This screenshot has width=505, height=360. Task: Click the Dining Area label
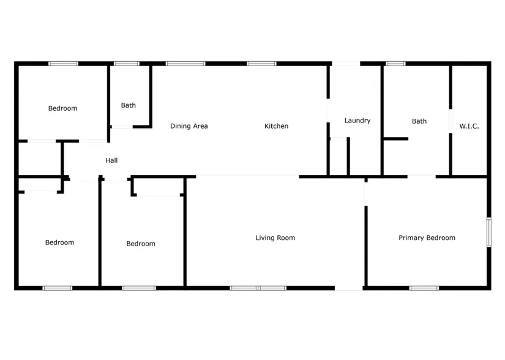pyautogui.click(x=189, y=126)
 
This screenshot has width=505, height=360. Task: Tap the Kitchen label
pyautogui.click(x=276, y=126)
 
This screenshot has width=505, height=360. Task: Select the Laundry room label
pyautogui.click(x=357, y=121)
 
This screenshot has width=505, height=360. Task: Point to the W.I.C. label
pyautogui.click(x=469, y=126)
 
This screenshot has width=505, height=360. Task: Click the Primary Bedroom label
pyautogui.click(x=427, y=238)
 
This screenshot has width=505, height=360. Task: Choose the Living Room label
pyautogui.click(x=275, y=238)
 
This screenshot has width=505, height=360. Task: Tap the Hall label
pyautogui.click(x=111, y=160)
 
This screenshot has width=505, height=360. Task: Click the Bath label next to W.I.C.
pyautogui.click(x=419, y=121)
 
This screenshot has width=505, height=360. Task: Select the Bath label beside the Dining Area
pyautogui.click(x=129, y=105)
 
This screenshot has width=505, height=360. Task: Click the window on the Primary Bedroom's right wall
pyautogui.click(x=489, y=232)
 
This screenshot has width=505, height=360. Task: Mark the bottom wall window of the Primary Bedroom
pyautogui.click(x=424, y=288)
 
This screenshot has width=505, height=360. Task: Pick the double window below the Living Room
pyautogui.click(x=258, y=288)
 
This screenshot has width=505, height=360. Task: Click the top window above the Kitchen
pyautogui.click(x=261, y=64)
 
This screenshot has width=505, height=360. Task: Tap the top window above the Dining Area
pyautogui.click(x=185, y=64)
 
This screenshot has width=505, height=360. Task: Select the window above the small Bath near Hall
pyautogui.click(x=127, y=64)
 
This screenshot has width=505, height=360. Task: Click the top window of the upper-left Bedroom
pyautogui.click(x=63, y=64)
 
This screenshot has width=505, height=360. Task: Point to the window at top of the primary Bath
pyautogui.click(x=396, y=64)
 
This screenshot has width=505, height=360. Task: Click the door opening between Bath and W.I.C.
pyautogui.click(x=451, y=121)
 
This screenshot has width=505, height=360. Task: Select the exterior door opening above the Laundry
pyautogui.click(x=346, y=64)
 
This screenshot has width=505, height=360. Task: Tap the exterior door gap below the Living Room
pyautogui.click(x=349, y=288)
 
